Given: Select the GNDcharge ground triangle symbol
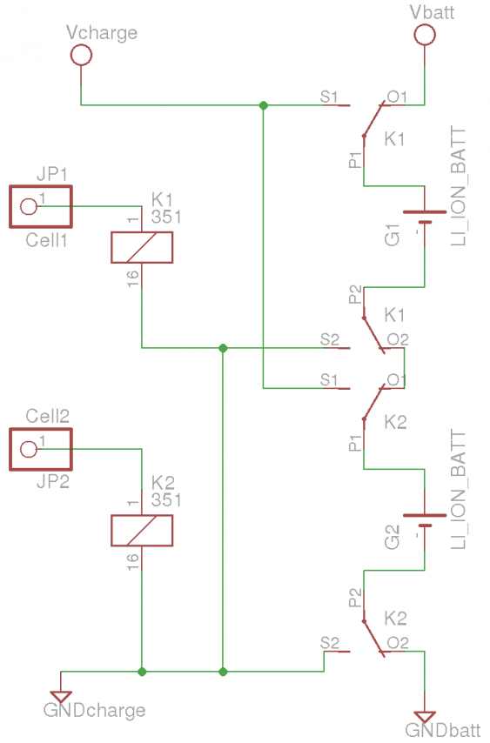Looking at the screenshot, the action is tap(61, 697).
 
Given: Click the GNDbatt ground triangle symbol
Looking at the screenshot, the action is tap(425, 718).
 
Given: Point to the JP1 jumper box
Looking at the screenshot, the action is tap(41, 185).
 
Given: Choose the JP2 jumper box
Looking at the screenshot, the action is tap(41, 429).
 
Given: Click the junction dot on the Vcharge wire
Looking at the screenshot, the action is tap(264, 105).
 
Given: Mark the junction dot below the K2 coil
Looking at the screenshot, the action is tap(142, 672).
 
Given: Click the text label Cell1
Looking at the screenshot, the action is tap(46, 240).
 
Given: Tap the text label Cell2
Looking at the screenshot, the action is tap(47, 416).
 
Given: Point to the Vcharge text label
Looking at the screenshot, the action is tap(102, 33).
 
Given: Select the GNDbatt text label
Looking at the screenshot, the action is tap(443, 730).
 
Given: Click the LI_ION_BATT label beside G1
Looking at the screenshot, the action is tap(459, 186).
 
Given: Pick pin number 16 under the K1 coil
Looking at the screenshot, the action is tap(133, 278).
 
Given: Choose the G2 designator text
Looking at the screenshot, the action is tap(393, 538).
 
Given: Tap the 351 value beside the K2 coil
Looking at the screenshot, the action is tap(166, 500).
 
